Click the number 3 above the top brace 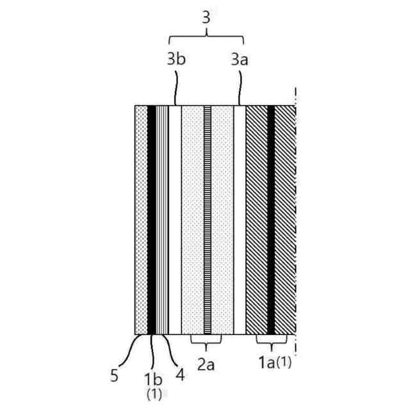pos(206,17)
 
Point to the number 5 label pos(115,375)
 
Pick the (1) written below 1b pos(154,393)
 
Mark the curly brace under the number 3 pos(206,36)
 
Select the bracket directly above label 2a pos(206,339)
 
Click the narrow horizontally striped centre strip pos(208,218)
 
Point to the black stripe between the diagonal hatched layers pos(271,218)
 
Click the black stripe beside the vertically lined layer pos(152,218)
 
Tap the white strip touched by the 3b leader pos(176,218)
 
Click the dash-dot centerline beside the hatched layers pos(295,218)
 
